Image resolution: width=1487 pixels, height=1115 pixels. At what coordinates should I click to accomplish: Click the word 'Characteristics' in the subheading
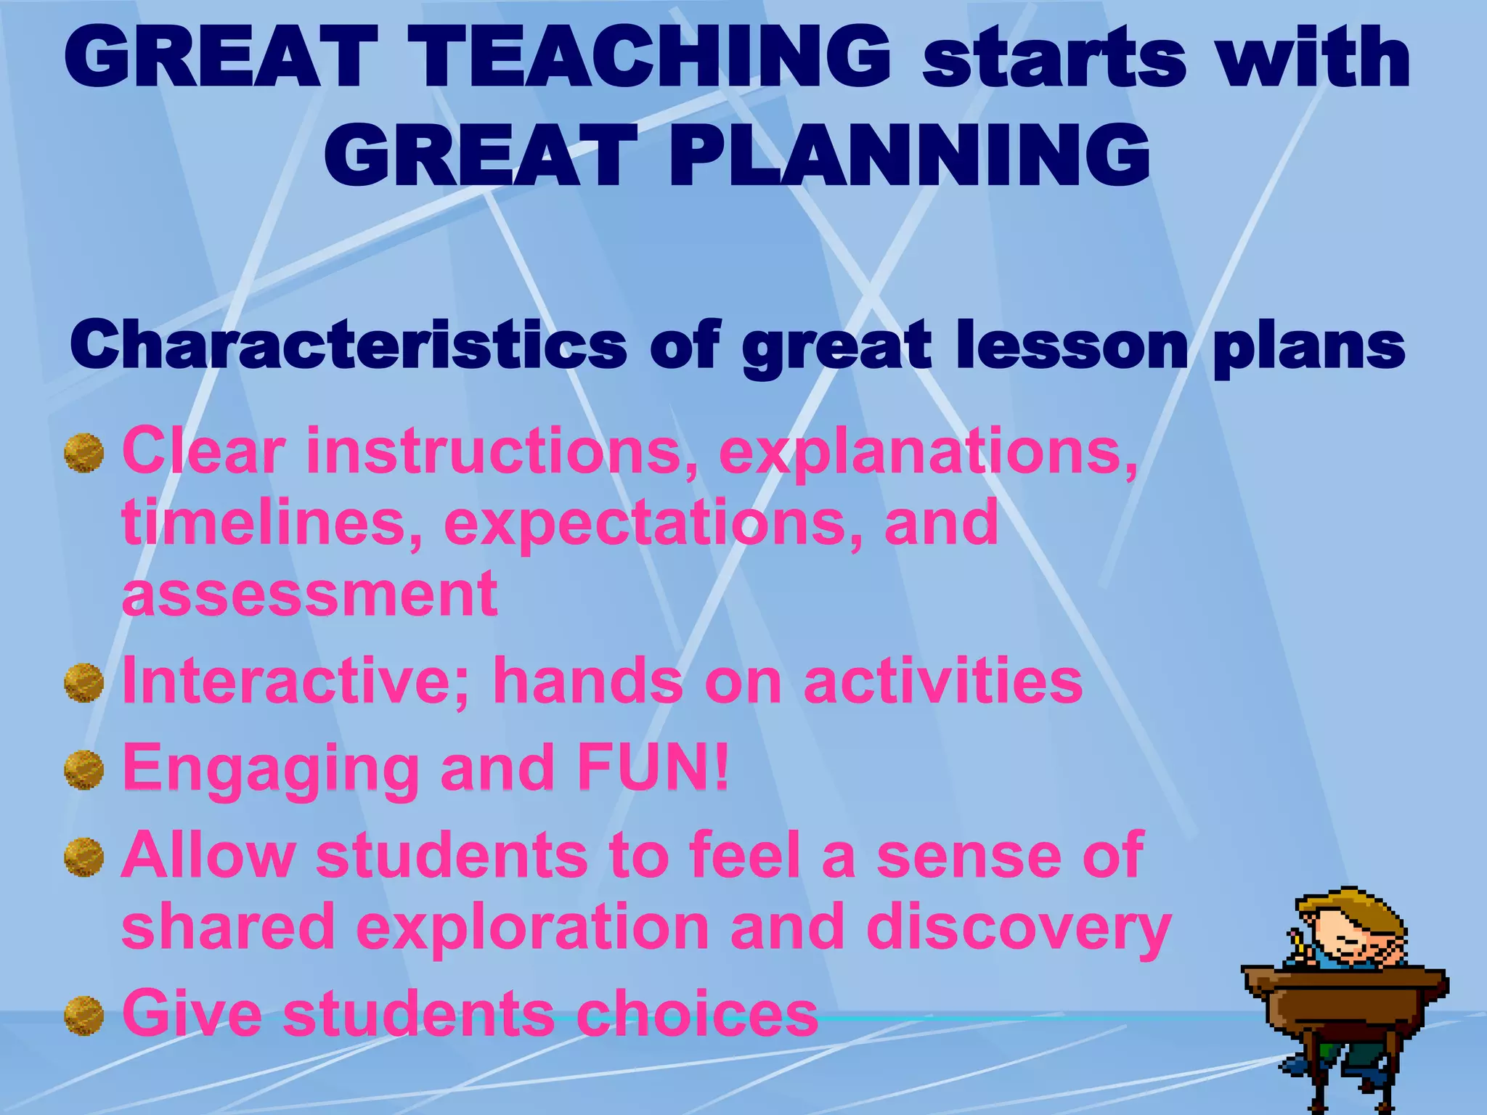[x=349, y=345]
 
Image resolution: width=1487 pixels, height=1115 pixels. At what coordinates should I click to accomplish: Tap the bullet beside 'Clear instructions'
[x=83, y=453]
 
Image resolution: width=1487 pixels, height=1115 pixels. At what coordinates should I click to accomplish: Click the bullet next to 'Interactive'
[x=83, y=682]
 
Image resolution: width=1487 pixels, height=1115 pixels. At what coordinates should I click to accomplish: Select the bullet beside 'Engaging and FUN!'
[x=83, y=769]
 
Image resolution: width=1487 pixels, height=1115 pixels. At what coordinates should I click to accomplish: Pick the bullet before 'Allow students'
[x=83, y=857]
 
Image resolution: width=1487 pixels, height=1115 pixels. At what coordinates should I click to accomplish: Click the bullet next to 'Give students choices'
[x=83, y=1015]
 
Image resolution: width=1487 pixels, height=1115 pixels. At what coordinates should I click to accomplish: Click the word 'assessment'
[x=310, y=593]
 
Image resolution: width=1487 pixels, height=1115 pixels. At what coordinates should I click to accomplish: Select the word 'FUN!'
[x=653, y=768]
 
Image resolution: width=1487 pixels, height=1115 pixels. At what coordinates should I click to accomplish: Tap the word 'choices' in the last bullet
[x=697, y=1013]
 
